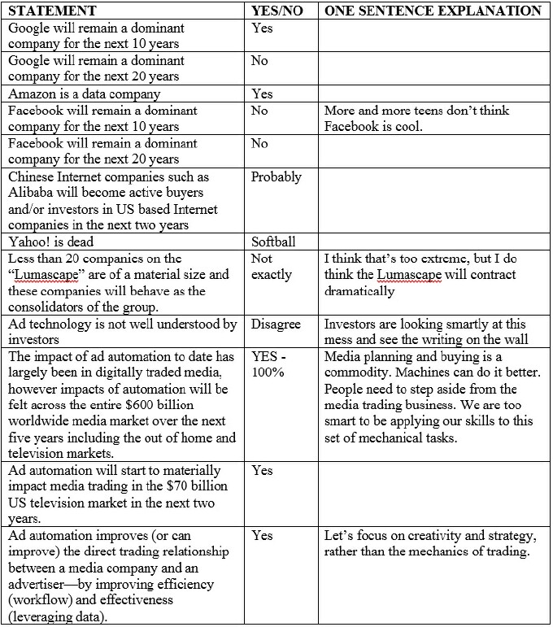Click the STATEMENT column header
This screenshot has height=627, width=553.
click(x=52, y=11)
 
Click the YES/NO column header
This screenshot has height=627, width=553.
click(x=280, y=11)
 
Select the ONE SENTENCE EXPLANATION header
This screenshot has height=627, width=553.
click(x=433, y=11)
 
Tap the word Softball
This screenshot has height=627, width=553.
click(x=273, y=242)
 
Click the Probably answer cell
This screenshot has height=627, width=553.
click(x=276, y=176)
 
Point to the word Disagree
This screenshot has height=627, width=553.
click(x=276, y=324)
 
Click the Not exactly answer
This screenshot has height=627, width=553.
click(x=272, y=267)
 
